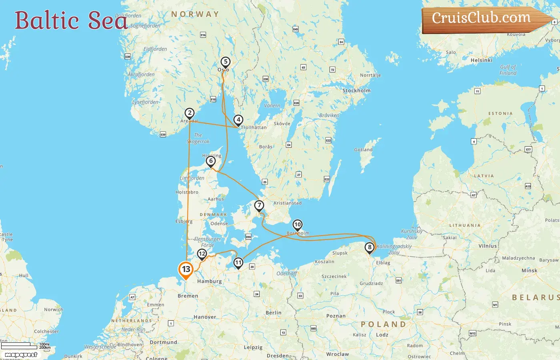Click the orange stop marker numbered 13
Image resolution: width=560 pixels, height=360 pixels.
point(186,269)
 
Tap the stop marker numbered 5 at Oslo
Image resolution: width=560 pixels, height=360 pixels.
point(226,62)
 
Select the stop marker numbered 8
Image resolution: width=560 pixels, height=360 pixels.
point(370,248)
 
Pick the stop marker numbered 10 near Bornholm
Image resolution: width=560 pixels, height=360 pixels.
point(298,225)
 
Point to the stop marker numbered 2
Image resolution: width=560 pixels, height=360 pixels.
point(190,113)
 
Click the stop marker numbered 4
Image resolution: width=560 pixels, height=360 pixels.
point(238,120)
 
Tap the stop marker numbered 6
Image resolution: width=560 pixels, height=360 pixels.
point(211,161)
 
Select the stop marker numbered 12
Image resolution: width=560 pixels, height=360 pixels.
point(202,254)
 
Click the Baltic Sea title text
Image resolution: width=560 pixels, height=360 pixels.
point(71,20)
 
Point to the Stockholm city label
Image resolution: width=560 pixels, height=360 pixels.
point(356,91)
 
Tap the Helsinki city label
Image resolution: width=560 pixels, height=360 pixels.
point(482,60)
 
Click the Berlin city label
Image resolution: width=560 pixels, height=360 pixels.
point(274,313)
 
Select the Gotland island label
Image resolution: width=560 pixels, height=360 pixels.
point(363,150)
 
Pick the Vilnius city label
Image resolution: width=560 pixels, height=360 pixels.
point(488,246)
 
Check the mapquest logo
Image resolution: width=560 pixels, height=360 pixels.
point(21,355)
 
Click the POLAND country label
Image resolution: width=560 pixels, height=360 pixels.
point(384,324)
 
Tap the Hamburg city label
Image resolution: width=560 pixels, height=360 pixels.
point(209,282)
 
